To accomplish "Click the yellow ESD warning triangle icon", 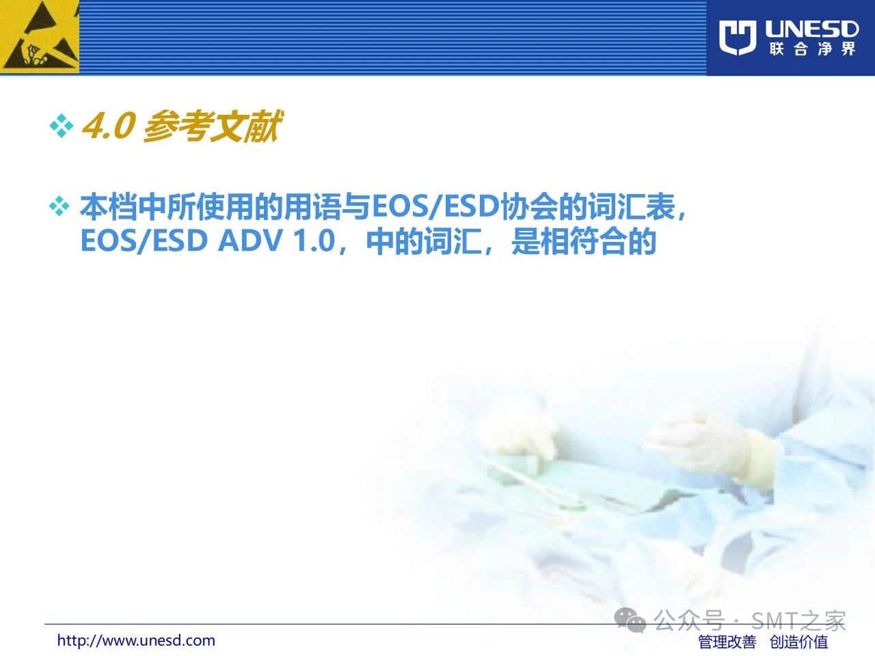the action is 40,37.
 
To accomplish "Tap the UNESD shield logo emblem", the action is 738,38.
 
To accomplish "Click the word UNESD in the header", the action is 811,29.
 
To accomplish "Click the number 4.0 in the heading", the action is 108,126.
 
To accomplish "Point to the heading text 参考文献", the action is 213,126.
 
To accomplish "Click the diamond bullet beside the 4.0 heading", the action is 62,126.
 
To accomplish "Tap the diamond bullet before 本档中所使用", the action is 59,206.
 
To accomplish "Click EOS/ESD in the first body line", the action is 435,207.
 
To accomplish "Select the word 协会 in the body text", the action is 528,207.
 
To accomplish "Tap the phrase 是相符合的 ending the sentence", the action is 584,241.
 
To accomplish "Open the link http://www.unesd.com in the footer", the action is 136,640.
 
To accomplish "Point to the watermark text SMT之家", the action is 798,620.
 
